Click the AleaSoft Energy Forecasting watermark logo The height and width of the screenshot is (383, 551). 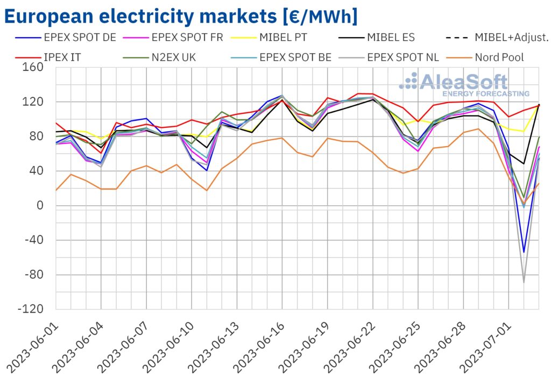pos(463,85)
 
